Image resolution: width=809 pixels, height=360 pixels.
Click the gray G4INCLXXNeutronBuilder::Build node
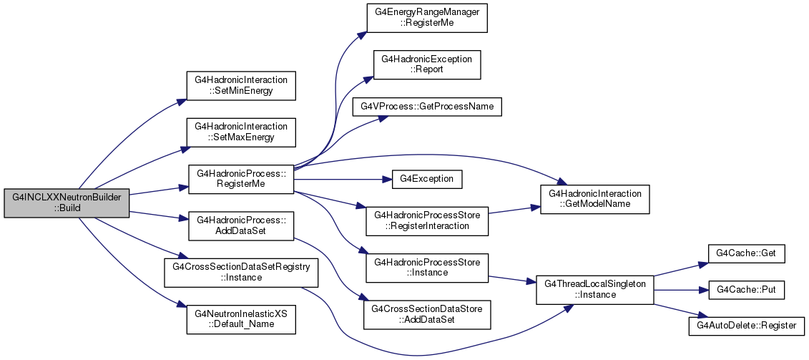point(66,203)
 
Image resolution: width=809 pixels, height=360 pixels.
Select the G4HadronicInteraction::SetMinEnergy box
point(241,86)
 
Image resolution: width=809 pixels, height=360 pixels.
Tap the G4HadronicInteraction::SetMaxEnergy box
point(241,132)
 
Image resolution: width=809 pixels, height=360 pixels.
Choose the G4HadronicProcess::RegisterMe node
point(241,179)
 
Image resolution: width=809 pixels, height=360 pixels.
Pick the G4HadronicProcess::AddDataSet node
point(241,225)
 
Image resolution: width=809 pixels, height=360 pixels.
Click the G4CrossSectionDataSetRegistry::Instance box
point(241,273)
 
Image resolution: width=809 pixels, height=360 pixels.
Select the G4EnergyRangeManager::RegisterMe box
point(427,18)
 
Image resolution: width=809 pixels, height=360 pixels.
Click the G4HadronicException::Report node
point(427,64)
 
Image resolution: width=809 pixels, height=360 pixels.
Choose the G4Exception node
point(427,179)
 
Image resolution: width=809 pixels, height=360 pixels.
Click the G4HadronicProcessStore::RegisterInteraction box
point(427,221)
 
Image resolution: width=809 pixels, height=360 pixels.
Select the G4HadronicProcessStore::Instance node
point(427,268)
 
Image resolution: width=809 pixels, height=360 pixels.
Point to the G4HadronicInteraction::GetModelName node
point(595,200)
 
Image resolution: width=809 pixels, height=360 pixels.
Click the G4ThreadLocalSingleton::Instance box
point(595,289)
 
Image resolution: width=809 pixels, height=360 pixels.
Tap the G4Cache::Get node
point(746,253)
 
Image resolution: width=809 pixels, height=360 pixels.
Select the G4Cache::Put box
point(746,290)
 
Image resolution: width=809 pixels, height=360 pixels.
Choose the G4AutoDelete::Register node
point(746,326)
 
